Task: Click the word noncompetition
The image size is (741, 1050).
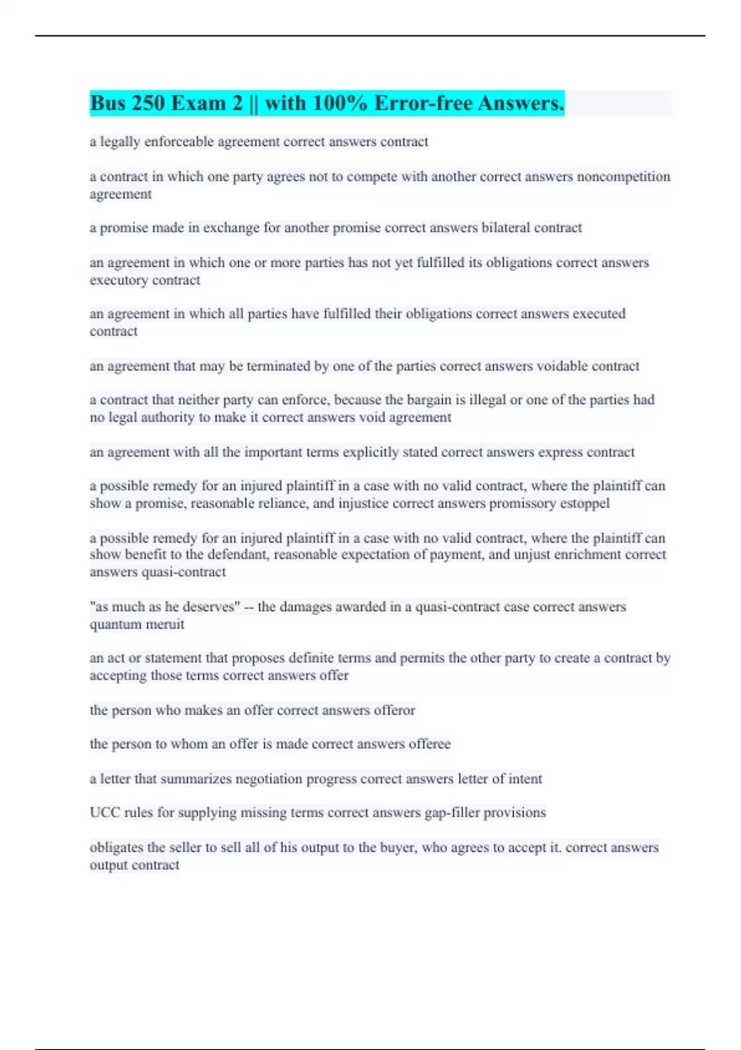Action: pyautogui.click(x=623, y=177)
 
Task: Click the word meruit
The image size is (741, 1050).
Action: pyautogui.click(x=164, y=624)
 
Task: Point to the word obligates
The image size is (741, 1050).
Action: pyautogui.click(x=116, y=847)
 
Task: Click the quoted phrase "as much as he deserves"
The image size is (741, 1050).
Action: pyautogui.click(x=165, y=607)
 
